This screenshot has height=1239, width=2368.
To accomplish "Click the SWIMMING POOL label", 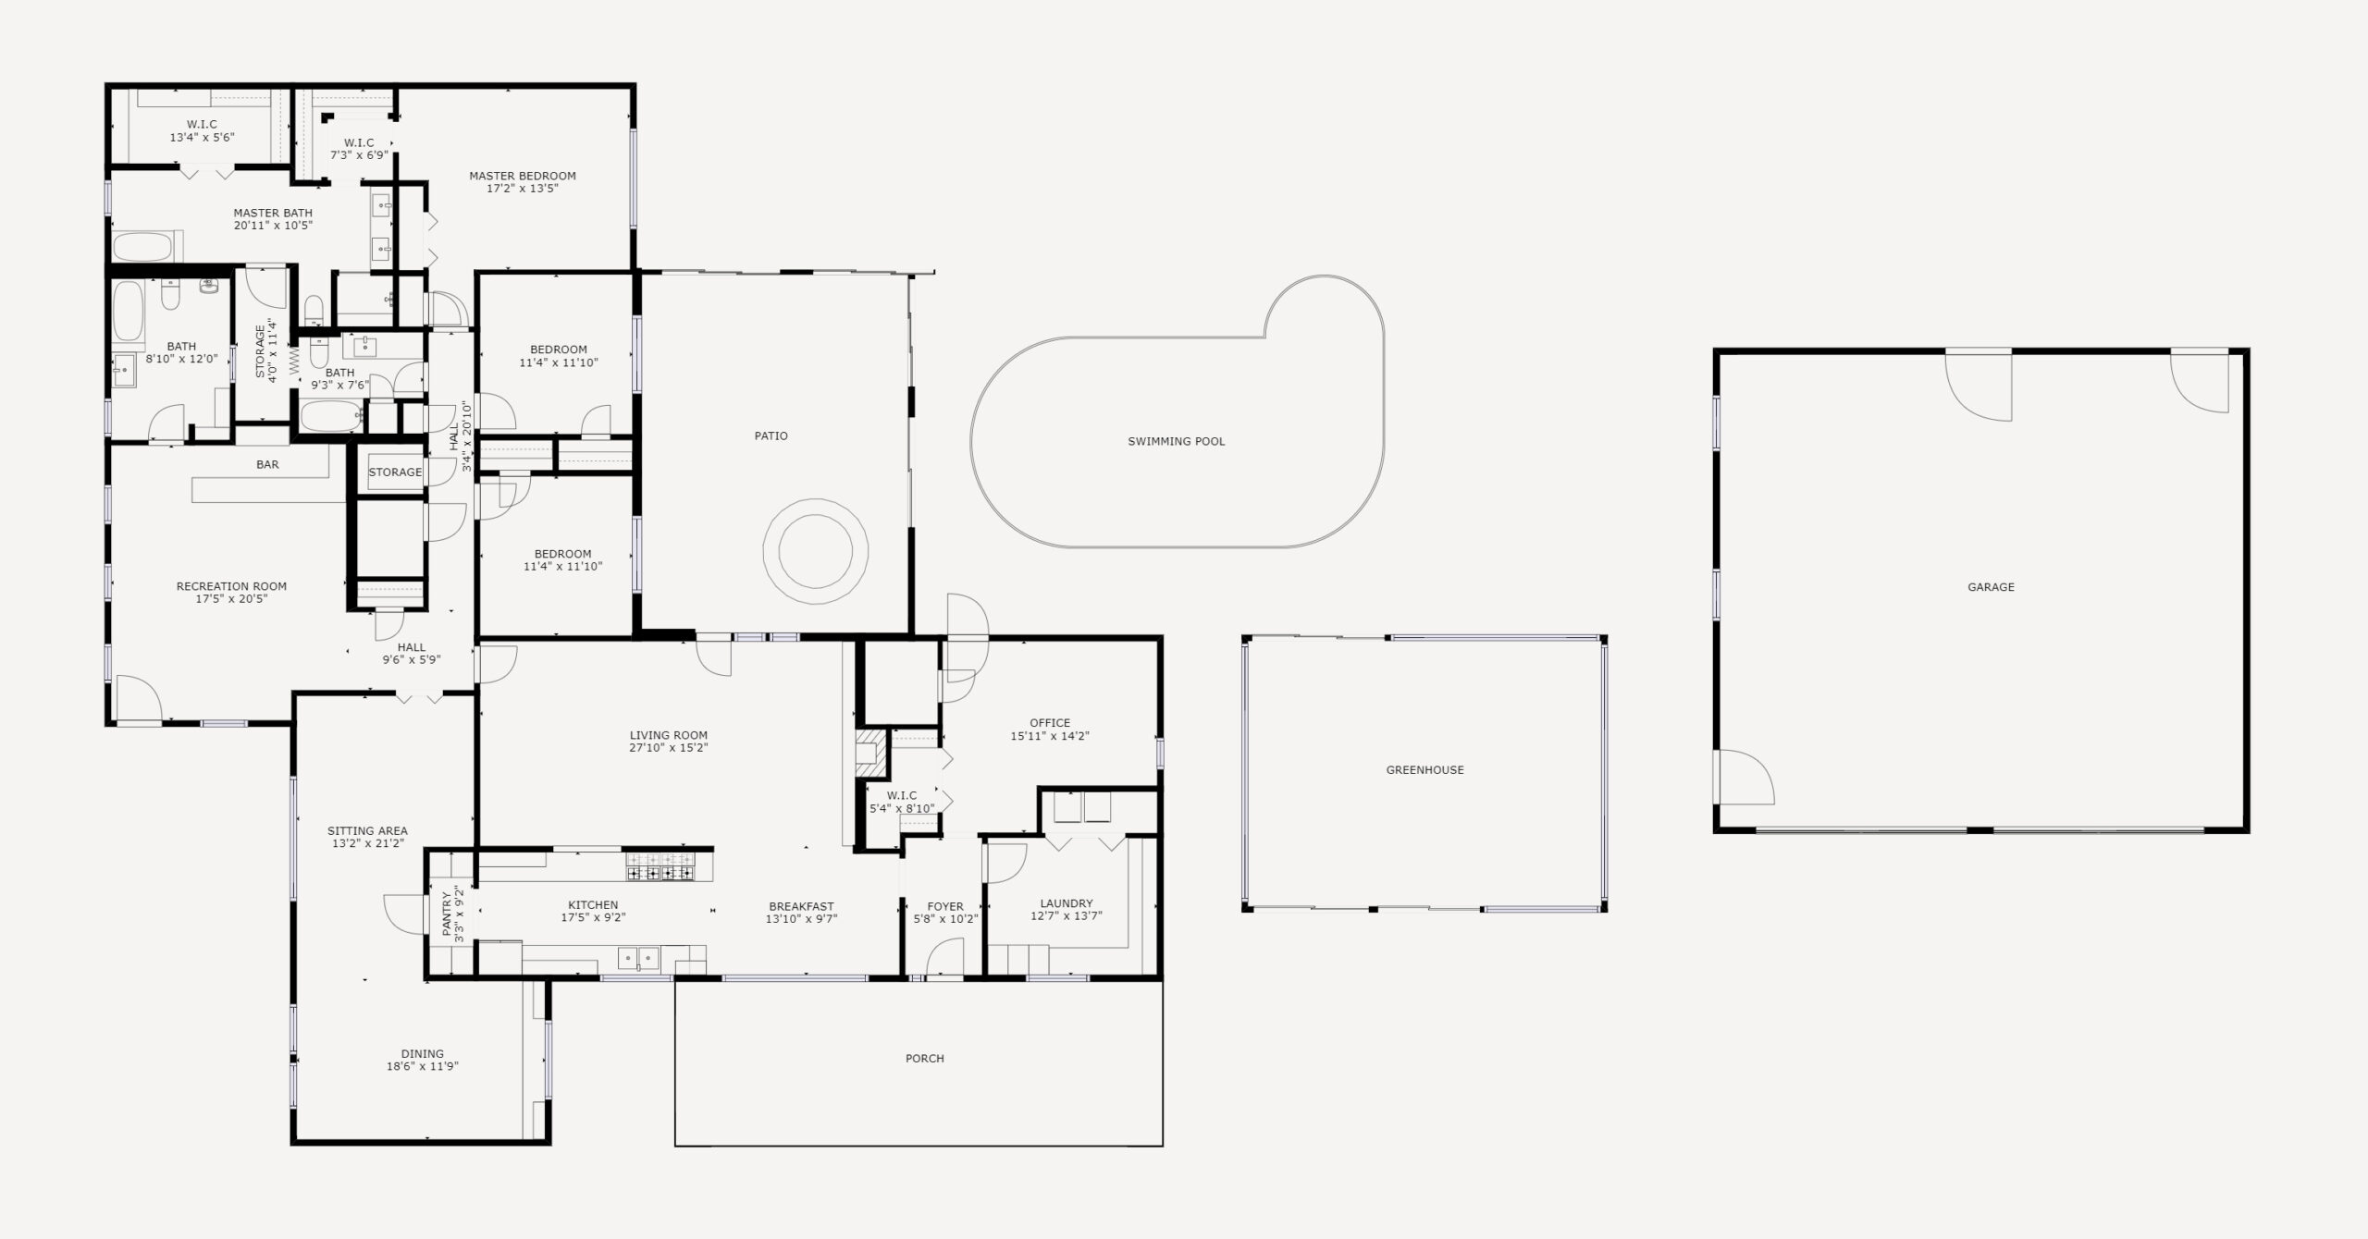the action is point(1176,441).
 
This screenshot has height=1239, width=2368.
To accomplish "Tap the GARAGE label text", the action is point(1991,586).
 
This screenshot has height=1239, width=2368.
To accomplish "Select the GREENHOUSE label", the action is point(1424,769).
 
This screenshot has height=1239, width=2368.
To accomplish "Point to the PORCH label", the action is point(924,1058).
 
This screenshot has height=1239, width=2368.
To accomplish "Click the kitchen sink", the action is point(638,957).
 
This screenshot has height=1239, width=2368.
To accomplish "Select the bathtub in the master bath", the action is point(142,247).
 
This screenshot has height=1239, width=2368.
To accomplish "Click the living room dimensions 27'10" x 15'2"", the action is point(668,748).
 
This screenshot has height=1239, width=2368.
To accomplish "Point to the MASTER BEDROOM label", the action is point(522,176).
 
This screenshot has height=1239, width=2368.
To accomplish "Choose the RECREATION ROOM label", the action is point(231,586).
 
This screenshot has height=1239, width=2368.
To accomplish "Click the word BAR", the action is point(267,464).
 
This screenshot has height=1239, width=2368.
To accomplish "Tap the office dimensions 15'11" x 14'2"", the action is point(1050,736).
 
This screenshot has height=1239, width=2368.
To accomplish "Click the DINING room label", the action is point(422,1053).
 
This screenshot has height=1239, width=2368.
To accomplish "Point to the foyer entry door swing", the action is point(944,957).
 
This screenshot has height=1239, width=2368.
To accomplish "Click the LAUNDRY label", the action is point(1066,903).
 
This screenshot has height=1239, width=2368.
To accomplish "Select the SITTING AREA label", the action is point(367,830).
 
